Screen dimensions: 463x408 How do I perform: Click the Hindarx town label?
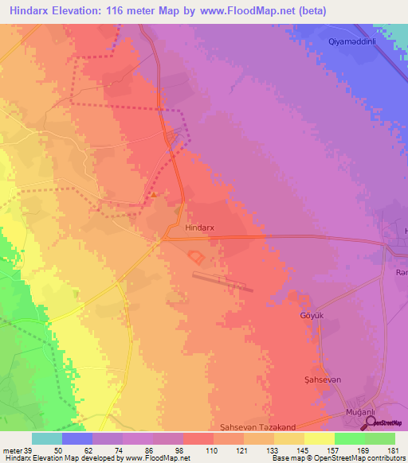coord(199,228)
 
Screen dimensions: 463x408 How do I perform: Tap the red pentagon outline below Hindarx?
coord(195,257)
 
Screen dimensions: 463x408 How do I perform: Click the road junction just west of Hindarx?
coord(167,236)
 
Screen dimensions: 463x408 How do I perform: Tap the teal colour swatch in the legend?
coord(46,438)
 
